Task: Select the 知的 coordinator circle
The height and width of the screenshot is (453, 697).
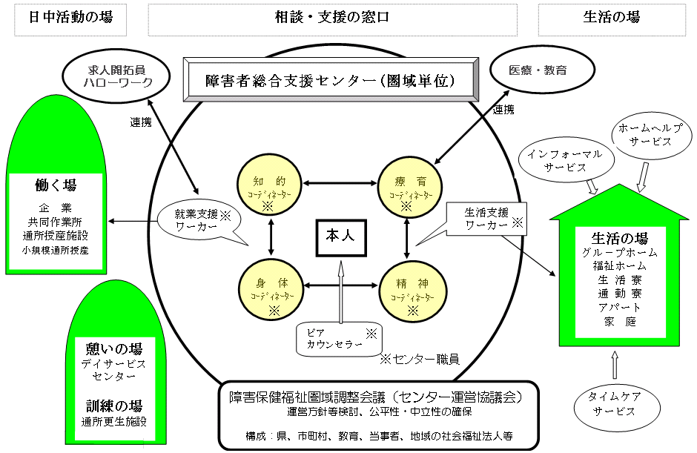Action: pos(266,185)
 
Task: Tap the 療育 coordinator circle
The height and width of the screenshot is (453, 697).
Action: pos(406,185)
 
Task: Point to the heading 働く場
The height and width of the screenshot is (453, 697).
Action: pos(56,185)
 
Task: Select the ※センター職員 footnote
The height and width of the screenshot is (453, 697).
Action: pos(419,359)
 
